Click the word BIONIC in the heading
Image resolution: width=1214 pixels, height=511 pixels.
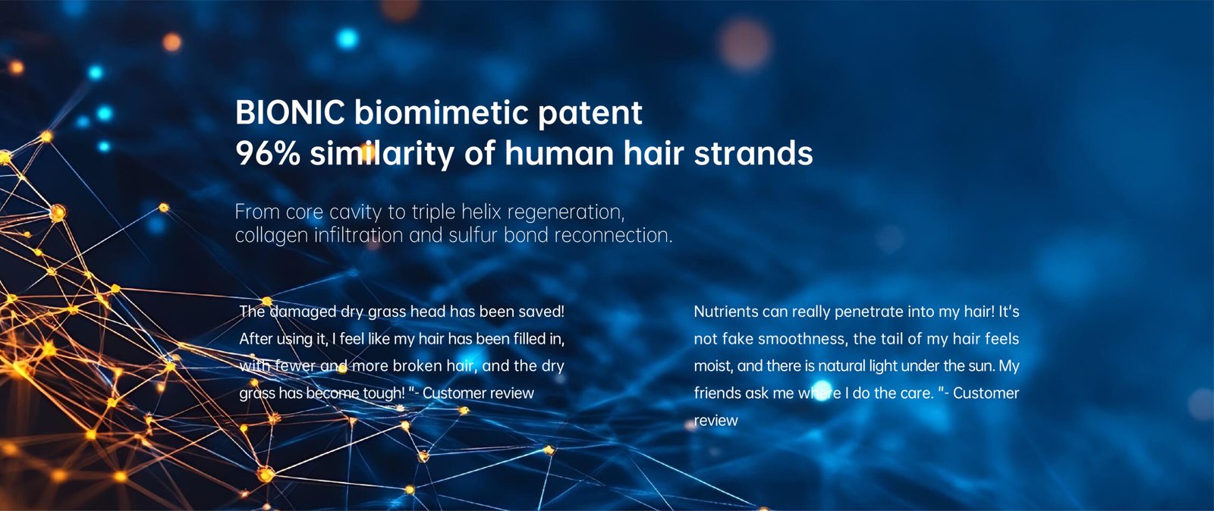tap(290, 113)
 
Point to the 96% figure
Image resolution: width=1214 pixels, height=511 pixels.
tap(268, 153)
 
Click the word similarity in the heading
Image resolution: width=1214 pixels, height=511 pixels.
tap(382, 155)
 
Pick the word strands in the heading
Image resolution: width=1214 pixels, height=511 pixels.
tap(753, 153)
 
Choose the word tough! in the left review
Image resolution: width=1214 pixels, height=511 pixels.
tap(384, 393)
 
